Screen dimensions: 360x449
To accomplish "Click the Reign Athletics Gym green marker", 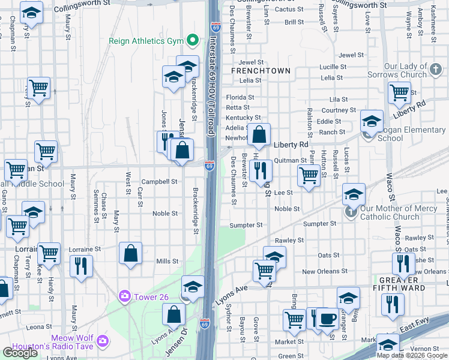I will coord(193,41).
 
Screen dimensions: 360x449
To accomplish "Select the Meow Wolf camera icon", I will coord(103,341).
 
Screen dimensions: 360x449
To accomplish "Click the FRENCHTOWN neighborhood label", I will coord(261,71).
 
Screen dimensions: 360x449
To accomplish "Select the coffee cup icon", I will coord(327,318).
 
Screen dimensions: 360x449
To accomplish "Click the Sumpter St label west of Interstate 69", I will coord(246,225).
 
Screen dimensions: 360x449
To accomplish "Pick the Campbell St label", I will coord(159,181).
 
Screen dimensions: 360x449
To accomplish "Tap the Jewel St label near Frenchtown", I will coord(251,62).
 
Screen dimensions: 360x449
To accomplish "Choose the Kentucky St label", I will coord(243,118).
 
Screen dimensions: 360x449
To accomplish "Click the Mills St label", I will coord(167,261).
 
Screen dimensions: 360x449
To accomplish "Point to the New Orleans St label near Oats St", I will coord(324,271).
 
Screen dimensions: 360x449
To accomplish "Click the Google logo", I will coord(20,353).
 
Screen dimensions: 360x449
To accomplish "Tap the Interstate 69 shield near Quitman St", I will coord(209,166).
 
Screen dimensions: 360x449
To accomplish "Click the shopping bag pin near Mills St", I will coord(131,253).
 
